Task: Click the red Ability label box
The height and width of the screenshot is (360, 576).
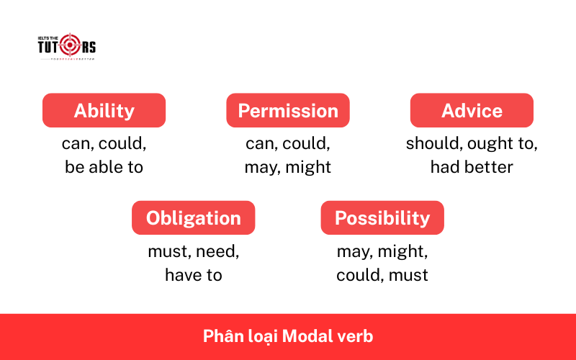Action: [104, 111]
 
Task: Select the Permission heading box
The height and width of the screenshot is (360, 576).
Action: [288, 111]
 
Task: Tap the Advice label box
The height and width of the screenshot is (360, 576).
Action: [472, 111]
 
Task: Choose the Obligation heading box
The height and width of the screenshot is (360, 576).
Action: [193, 218]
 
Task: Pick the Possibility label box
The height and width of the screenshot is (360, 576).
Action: [382, 218]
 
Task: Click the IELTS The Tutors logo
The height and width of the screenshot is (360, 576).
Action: [66, 47]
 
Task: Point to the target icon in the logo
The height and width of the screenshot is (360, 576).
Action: [70, 46]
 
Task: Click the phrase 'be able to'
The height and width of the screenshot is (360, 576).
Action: [104, 168]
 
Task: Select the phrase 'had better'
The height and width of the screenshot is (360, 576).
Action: [472, 168]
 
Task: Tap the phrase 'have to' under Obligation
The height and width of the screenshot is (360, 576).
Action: [193, 275]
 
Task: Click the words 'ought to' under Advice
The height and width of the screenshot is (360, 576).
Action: [502, 144]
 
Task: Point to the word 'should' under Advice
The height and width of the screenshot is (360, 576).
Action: [433, 144]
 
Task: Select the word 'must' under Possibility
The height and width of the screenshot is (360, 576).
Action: [411, 275]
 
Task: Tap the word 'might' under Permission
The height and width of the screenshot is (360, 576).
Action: [307, 168]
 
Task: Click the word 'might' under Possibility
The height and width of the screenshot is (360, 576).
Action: [408, 252]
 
